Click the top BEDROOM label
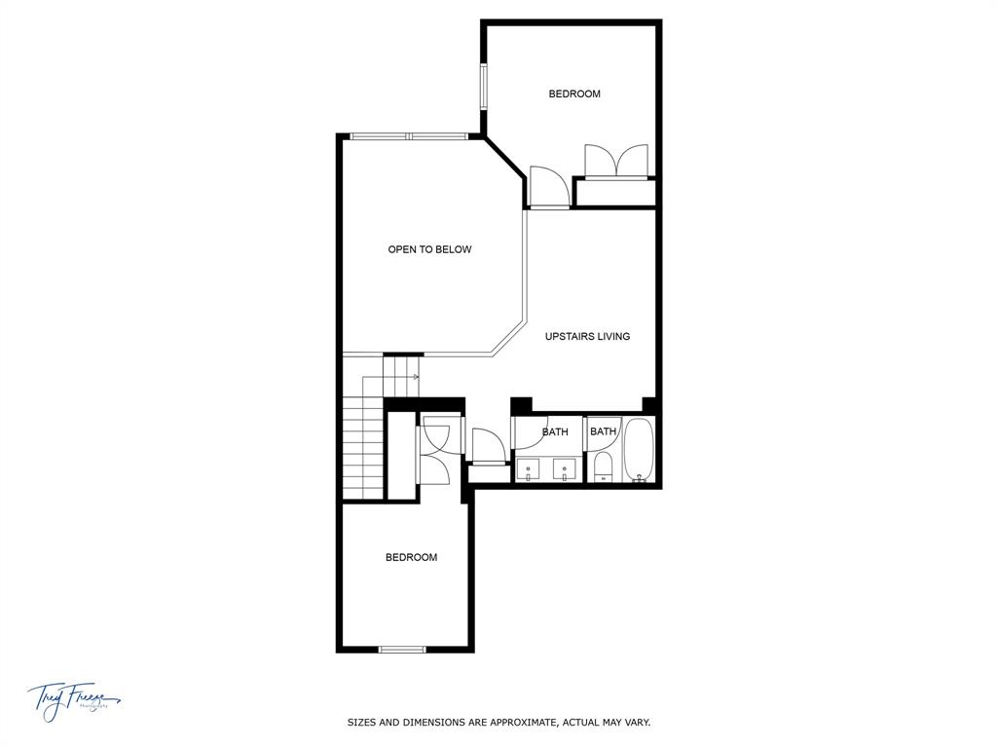(x=574, y=94)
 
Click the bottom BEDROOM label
(x=411, y=558)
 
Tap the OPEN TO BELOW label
(x=429, y=250)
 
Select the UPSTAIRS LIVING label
(x=587, y=337)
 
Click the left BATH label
(x=555, y=432)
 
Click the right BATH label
(x=603, y=432)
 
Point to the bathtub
(x=640, y=450)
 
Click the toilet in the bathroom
(x=603, y=468)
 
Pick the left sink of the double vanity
(x=530, y=470)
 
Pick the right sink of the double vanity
(x=564, y=470)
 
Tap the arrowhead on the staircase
(x=416, y=377)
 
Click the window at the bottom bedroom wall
(x=402, y=649)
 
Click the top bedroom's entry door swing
(x=547, y=187)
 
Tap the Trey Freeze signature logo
(x=74, y=699)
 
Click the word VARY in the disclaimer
(x=636, y=723)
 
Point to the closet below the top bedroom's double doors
(x=614, y=193)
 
